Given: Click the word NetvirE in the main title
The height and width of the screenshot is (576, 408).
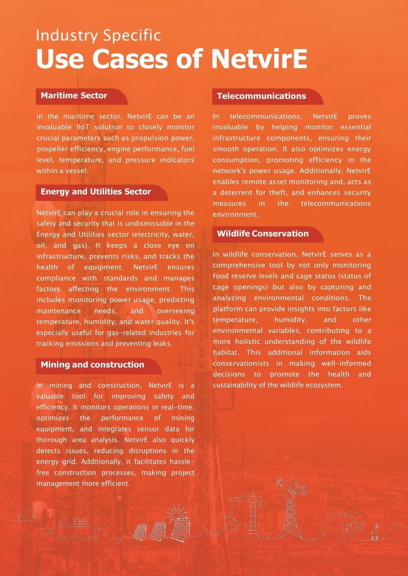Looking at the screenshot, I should click(259, 59).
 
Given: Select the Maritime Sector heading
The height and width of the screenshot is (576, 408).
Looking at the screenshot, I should click(74, 96).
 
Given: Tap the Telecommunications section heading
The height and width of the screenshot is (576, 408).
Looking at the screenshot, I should click(261, 96).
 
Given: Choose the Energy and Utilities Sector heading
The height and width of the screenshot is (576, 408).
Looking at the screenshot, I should click(96, 192).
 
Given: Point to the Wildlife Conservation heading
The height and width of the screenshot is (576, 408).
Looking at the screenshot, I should click(263, 234).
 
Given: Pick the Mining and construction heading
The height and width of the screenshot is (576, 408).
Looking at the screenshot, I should click(92, 365).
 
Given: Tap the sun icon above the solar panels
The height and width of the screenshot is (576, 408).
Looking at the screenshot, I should click(177, 513).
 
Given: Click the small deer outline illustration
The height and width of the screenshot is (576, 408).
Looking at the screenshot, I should click(375, 532).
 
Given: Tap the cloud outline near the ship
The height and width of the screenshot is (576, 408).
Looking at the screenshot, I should click(26, 515).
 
